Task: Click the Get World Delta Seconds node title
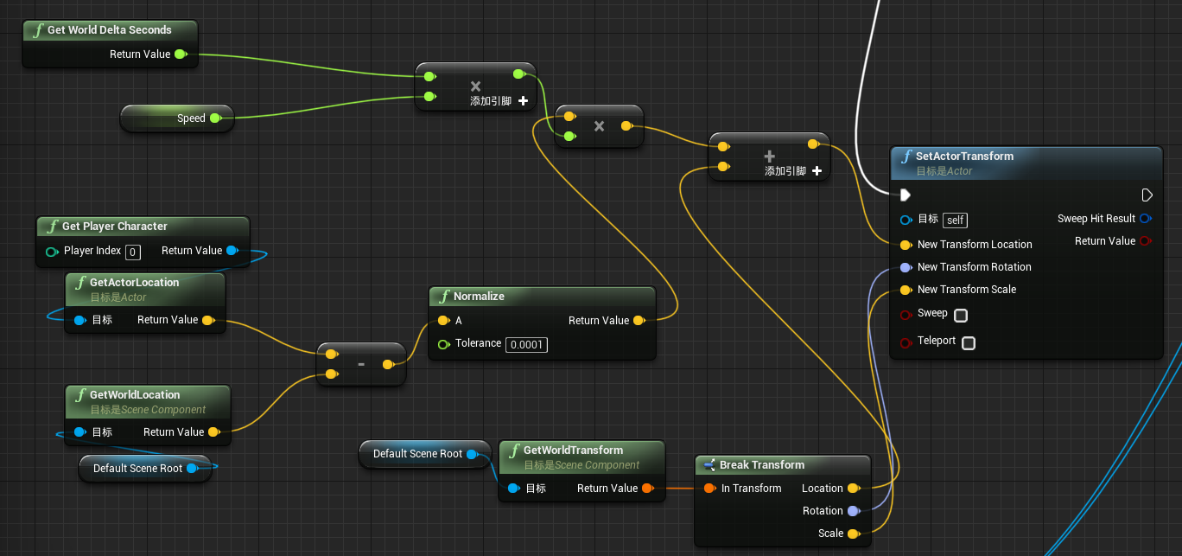109,30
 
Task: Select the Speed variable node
191,118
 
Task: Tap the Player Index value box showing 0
132,252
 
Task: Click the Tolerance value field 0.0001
526,344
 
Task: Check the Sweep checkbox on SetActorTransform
960,315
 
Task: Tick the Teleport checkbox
969,342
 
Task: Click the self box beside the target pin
955,220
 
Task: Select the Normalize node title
479,297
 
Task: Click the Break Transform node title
761,465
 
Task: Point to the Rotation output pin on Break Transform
853,511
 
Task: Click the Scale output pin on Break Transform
853,534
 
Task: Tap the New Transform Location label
975,245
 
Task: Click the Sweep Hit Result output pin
1146,219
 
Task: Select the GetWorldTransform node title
573,451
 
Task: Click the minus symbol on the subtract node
361,365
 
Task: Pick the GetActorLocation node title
134,283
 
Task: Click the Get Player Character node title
114,227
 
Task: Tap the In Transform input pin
709,489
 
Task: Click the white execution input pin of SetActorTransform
905,195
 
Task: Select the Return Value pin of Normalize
639,321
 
